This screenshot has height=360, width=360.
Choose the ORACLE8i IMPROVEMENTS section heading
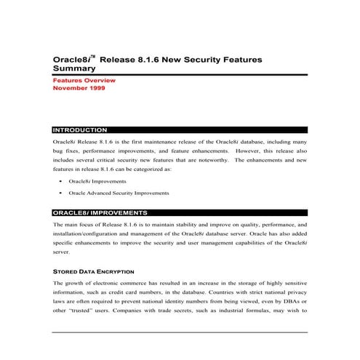(100, 213)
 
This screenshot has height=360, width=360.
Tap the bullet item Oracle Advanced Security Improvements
(119, 193)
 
